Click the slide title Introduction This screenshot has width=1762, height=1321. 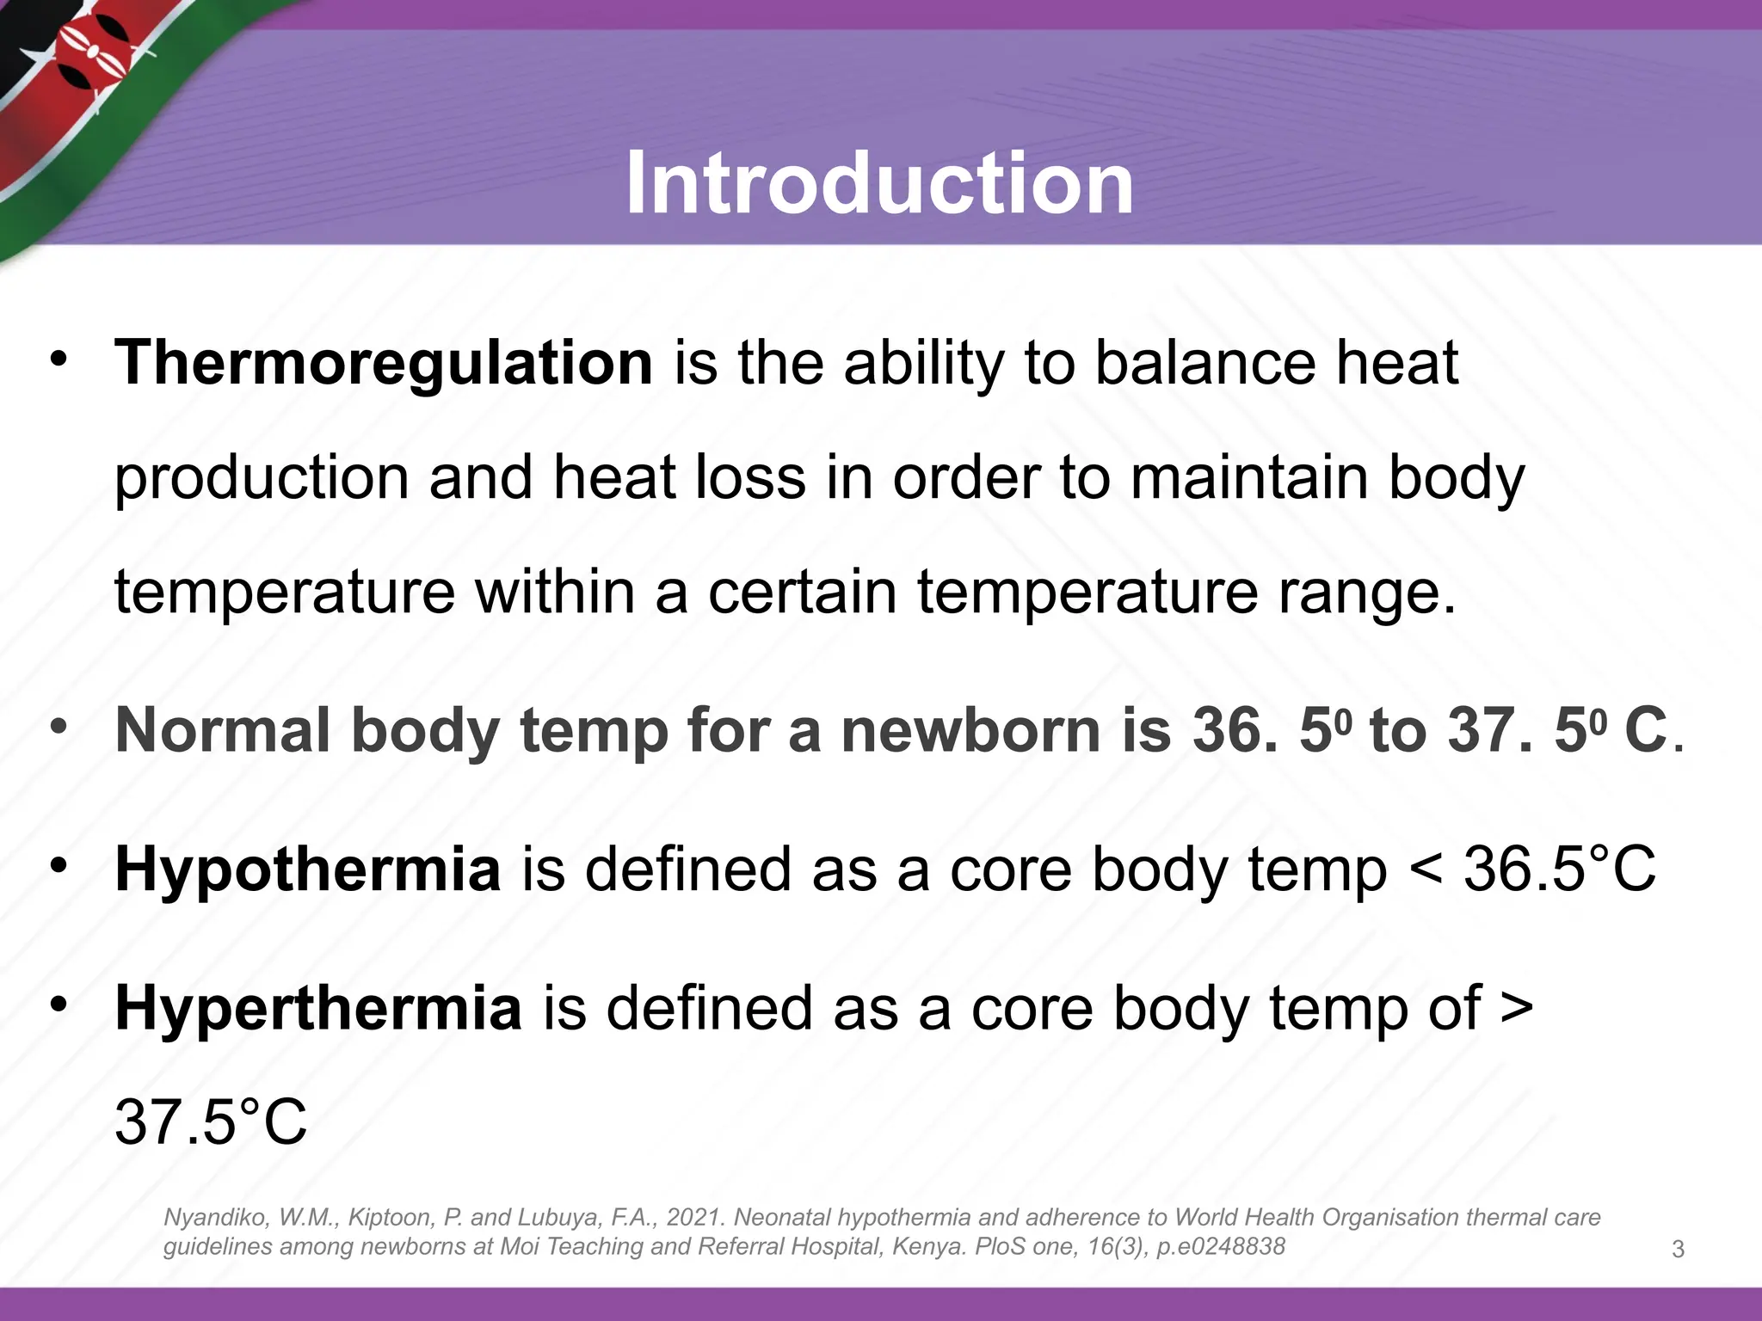879,183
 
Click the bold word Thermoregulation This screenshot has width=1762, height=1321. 384,362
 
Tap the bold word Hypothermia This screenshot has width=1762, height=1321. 308,869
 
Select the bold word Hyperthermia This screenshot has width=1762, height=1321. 318,1008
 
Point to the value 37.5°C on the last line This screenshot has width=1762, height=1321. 211,1121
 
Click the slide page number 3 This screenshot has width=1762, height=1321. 1678,1250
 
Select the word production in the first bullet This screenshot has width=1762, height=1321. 262,477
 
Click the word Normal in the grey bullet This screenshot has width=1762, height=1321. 223,730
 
